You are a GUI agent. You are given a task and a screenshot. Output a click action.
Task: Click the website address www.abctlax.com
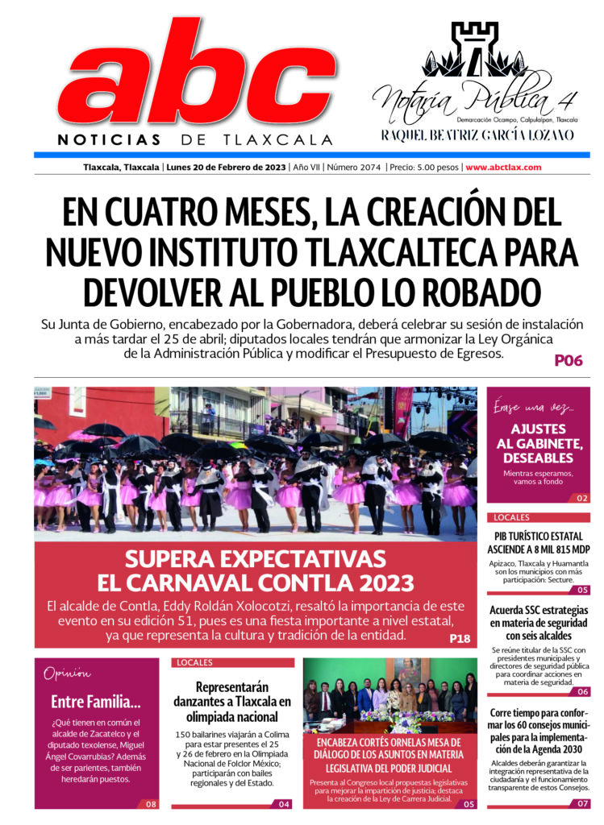tap(503, 168)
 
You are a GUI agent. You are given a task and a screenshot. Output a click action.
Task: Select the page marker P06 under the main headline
tap(568, 361)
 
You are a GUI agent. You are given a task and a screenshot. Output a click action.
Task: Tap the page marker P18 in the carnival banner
tap(460, 639)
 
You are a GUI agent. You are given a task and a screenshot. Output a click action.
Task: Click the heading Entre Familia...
tap(96, 701)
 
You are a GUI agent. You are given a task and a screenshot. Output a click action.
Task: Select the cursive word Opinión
tap(68, 674)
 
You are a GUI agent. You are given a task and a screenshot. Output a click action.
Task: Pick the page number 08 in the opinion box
tap(151, 804)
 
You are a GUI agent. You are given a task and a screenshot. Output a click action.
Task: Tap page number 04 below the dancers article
tap(284, 804)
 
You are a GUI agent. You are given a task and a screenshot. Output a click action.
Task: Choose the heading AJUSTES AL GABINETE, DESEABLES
tap(538, 443)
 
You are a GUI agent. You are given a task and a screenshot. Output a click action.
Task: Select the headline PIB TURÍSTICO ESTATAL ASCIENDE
tap(538, 543)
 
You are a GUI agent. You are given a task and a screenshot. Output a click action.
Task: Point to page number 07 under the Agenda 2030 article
tap(582, 804)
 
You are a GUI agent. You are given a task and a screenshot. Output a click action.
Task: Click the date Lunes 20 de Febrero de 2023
tap(225, 168)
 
